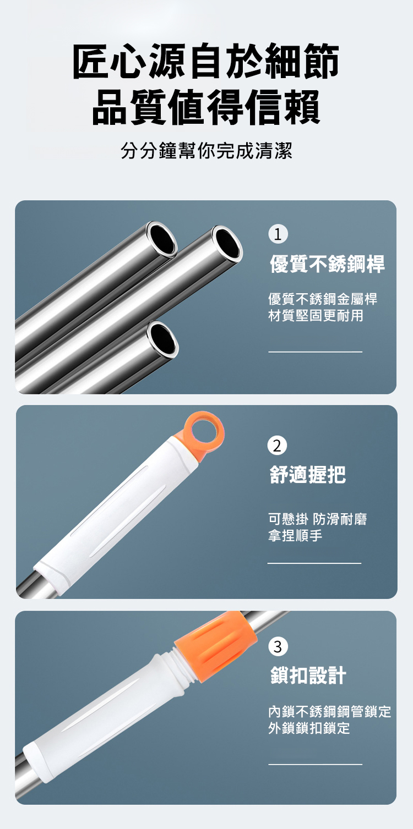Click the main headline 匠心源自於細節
point(206,61)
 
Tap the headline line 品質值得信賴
point(206,107)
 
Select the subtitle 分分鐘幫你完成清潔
point(206,151)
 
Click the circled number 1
point(278,234)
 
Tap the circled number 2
point(277,446)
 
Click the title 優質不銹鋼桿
point(327,264)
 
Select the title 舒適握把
point(307,474)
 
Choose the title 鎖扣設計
point(308,675)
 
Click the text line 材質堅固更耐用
point(316,316)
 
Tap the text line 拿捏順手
point(295,535)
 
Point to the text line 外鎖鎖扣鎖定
point(309,728)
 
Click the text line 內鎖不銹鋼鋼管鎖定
point(330,711)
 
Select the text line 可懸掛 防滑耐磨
point(317,519)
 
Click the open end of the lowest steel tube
point(162,338)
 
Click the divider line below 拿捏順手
point(314,563)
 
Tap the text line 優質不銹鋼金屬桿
point(323,299)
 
